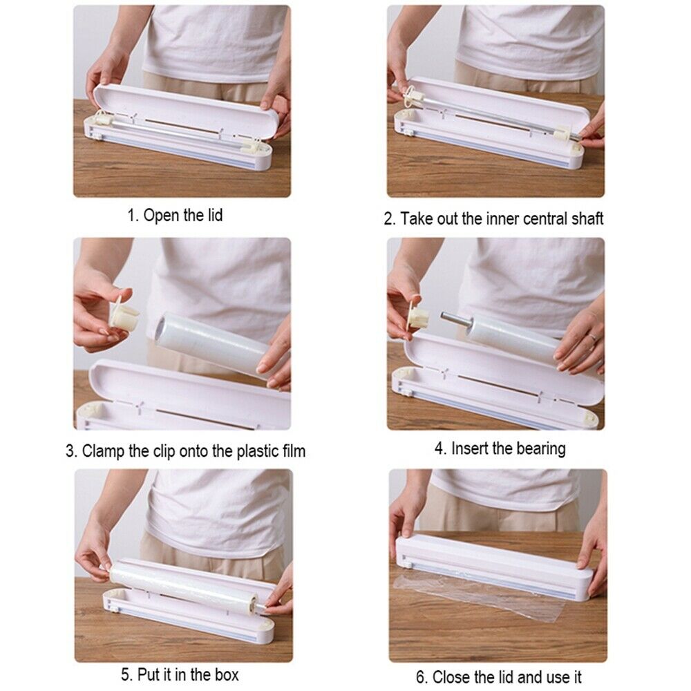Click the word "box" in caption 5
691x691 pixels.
227,674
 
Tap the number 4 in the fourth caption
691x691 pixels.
439,449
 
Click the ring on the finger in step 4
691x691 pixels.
593,338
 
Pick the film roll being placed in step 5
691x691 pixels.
184,587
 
